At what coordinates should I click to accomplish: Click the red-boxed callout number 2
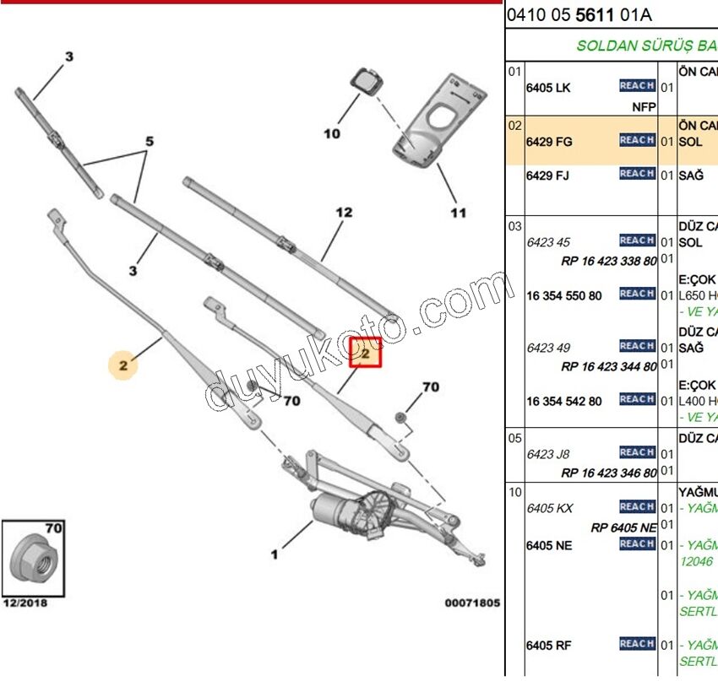coord(366,354)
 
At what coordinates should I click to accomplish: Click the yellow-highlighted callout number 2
coord(123,365)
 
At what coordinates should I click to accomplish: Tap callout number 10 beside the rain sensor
coord(331,133)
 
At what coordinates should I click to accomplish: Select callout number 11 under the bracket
coord(457,213)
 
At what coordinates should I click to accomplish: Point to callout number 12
coord(344,213)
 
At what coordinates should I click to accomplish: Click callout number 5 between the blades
coord(150,142)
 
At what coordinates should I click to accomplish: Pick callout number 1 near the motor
coord(274,554)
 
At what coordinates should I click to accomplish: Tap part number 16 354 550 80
coord(563,295)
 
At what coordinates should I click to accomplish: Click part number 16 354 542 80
coord(563,401)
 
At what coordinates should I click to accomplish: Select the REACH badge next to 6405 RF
coord(637,645)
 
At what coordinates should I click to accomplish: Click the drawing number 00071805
coord(472,603)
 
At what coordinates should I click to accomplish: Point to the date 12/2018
coord(25,603)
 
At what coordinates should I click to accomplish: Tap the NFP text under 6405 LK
coord(644,107)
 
